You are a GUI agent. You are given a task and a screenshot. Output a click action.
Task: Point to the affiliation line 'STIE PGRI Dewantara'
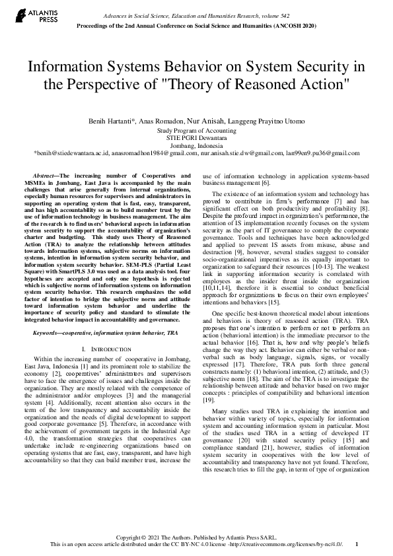pos(196,138)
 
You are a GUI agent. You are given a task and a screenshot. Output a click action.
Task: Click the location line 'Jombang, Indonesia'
pos(196,145)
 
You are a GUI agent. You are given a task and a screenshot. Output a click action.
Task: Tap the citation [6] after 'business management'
pos(266,183)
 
